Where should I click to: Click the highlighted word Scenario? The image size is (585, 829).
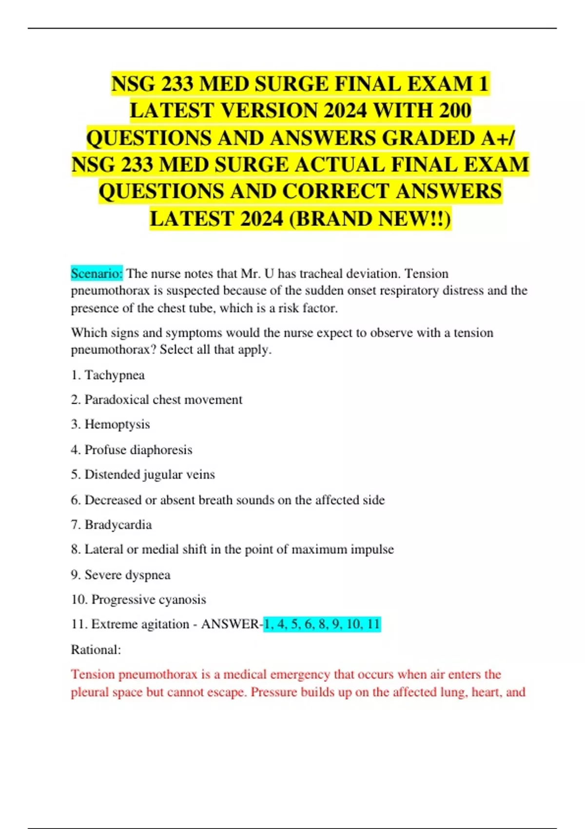coord(97,274)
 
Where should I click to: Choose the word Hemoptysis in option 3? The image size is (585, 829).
coord(117,424)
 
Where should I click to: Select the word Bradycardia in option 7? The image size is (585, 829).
coord(118,525)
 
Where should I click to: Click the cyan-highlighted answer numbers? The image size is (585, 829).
coord(322,624)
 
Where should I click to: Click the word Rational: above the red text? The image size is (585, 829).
coord(96,650)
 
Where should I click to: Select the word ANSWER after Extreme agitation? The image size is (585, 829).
coord(230,624)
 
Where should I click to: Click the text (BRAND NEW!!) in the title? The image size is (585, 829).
coord(370,219)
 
